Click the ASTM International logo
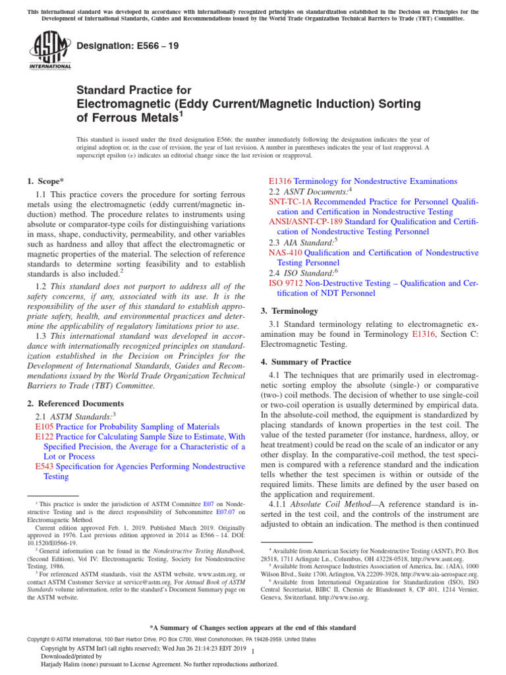coord(50,53)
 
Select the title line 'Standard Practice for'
coord(134,90)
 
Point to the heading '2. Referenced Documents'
coord(74,403)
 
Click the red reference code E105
coord(44,426)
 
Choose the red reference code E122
coord(44,436)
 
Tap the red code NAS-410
coord(285,252)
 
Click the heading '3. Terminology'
coord(291,310)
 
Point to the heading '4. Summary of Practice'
coord(306,362)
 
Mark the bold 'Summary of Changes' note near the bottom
coord(253,628)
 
